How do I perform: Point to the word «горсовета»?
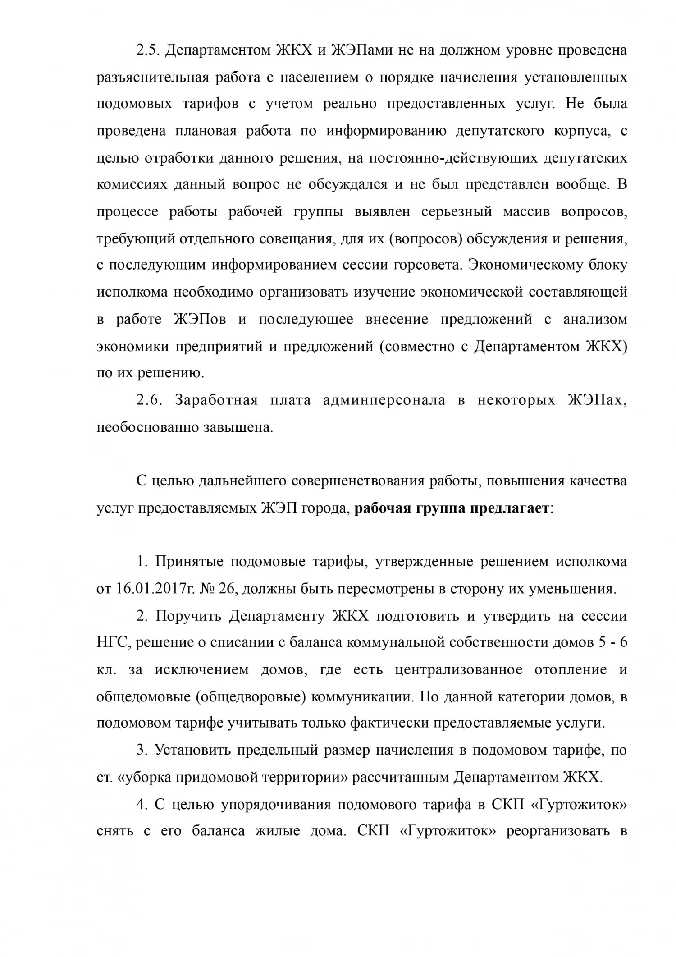(x=428, y=265)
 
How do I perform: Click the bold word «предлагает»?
(x=509, y=508)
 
